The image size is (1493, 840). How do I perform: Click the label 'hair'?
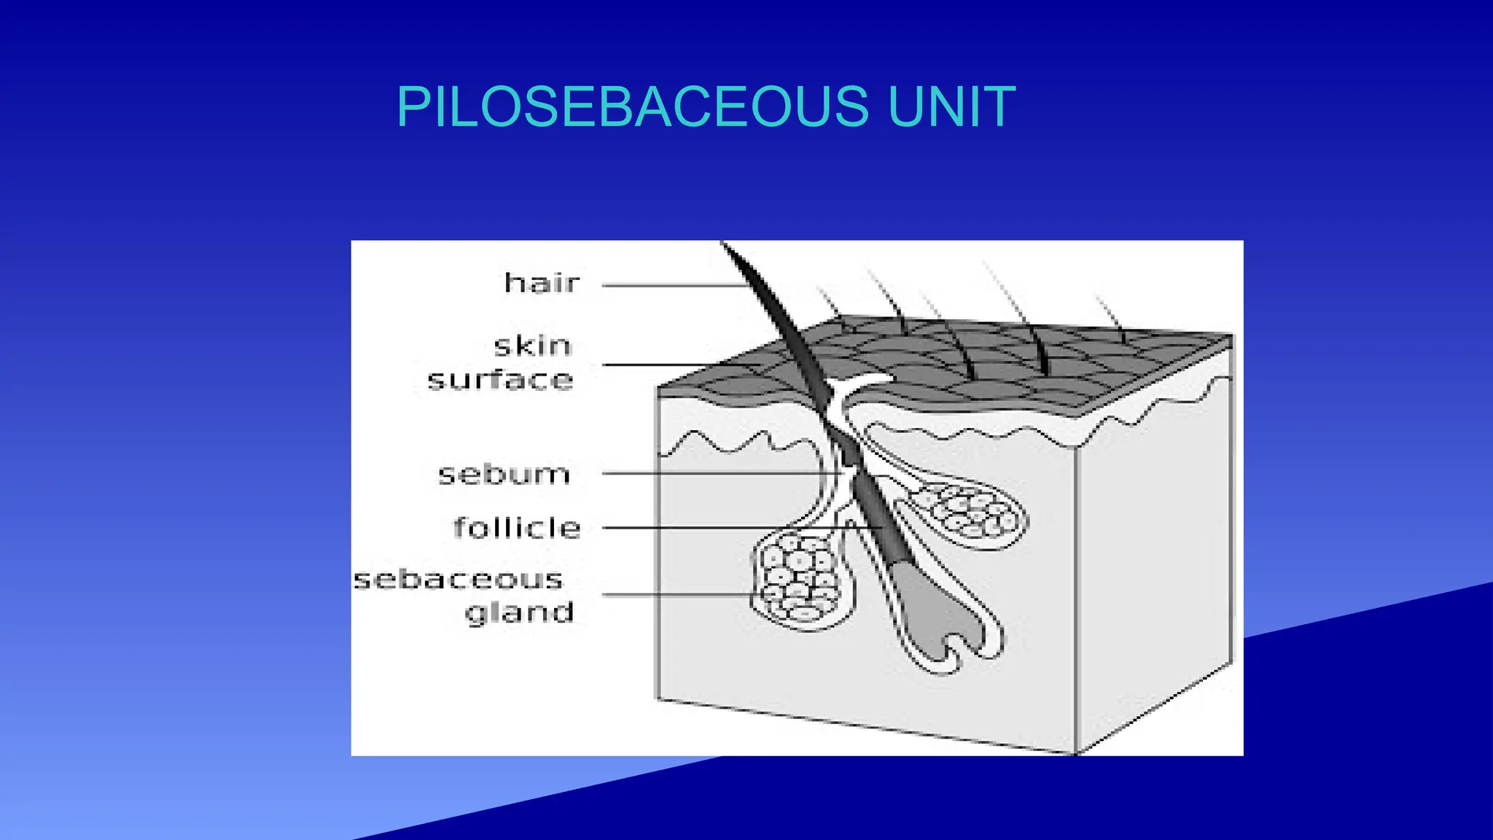(542, 283)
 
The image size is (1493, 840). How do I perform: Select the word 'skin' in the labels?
(532, 346)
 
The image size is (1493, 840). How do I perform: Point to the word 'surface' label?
(501, 380)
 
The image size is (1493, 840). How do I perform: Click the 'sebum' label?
(504, 475)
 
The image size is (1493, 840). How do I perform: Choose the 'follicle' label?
(517, 527)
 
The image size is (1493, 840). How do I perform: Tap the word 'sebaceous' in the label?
(459, 580)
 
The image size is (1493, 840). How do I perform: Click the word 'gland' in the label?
(520, 612)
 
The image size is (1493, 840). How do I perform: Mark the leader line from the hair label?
(671, 286)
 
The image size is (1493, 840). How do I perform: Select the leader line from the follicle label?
(729, 527)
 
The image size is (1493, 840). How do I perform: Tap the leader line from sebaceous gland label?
(678, 594)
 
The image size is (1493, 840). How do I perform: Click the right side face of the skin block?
(1155, 554)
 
